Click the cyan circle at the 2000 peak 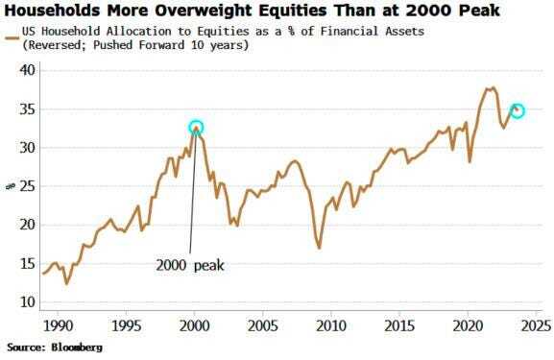[196, 127]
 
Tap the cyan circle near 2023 [517, 110]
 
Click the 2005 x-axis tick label [263, 325]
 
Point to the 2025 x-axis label [529, 325]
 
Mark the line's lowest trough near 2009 [319, 248]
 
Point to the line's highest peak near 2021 [491, 88]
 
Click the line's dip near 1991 [66, 283]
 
